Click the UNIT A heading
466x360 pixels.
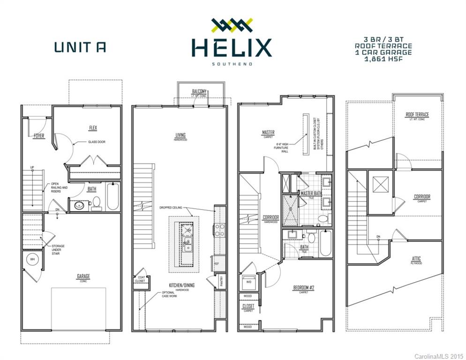coord(80,47)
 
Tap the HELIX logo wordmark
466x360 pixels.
coord(231,48)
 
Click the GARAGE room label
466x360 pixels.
coord(83,276)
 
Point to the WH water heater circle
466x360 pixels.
coord(32,259)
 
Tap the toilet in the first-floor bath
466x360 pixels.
coord(97,202)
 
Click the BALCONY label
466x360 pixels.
coord(199,91)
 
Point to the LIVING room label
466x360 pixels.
coord(180,135)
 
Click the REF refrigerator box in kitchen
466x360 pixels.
coord(217,263)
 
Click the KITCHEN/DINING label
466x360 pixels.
coord(182,285)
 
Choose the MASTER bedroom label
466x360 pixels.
coord(268,133)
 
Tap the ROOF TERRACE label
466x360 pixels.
coord(417,114)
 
